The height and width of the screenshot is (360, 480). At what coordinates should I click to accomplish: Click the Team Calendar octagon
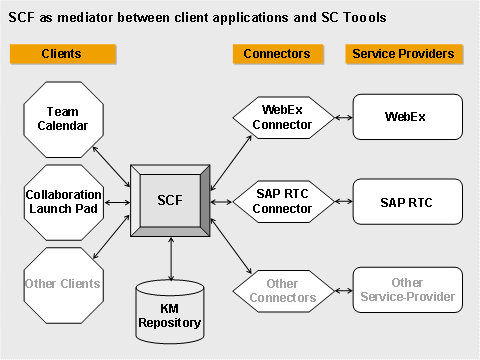[62, 117]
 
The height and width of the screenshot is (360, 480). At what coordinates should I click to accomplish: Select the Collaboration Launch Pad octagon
[62, 201]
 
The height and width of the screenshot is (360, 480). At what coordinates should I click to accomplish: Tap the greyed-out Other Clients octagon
[62, 283]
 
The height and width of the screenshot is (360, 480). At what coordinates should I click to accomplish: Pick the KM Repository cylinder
[170, 309]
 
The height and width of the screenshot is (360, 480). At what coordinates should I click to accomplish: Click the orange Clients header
[62, 53]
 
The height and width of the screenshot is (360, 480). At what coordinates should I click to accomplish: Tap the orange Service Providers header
[402, 53]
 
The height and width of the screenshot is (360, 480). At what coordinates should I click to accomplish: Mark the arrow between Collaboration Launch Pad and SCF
[116, 202]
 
